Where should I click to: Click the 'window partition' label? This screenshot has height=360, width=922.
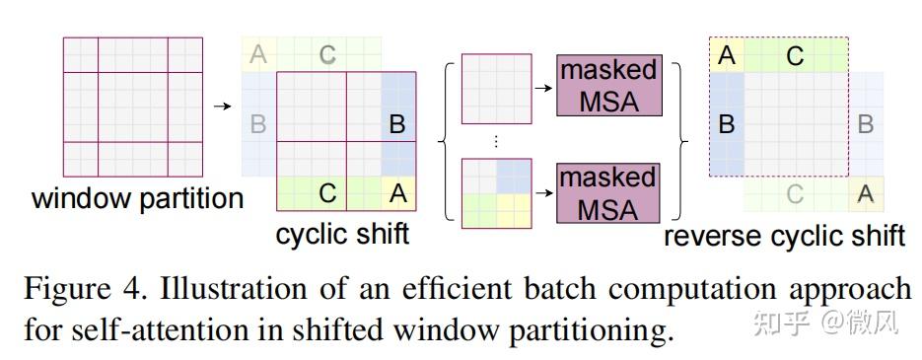point(137,198)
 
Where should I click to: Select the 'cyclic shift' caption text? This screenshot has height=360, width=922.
point(342,235)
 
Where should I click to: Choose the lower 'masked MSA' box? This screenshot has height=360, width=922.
point(608,192)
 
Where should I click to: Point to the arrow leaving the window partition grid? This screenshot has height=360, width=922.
point(224,106)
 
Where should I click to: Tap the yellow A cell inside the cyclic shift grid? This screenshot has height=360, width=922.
point(398,194)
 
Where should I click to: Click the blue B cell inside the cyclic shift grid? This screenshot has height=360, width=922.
point(398,125)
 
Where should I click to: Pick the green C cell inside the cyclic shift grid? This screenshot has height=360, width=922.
point(328,194)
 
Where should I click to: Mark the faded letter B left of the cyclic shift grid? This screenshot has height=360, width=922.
point(258,125)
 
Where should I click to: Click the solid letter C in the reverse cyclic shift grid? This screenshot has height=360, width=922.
point(795,56)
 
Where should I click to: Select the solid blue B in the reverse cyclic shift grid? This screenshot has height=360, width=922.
point(727,125)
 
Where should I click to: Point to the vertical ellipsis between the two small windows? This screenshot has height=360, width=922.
point(496,141)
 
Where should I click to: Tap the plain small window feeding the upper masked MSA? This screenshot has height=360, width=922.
point(496,88)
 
